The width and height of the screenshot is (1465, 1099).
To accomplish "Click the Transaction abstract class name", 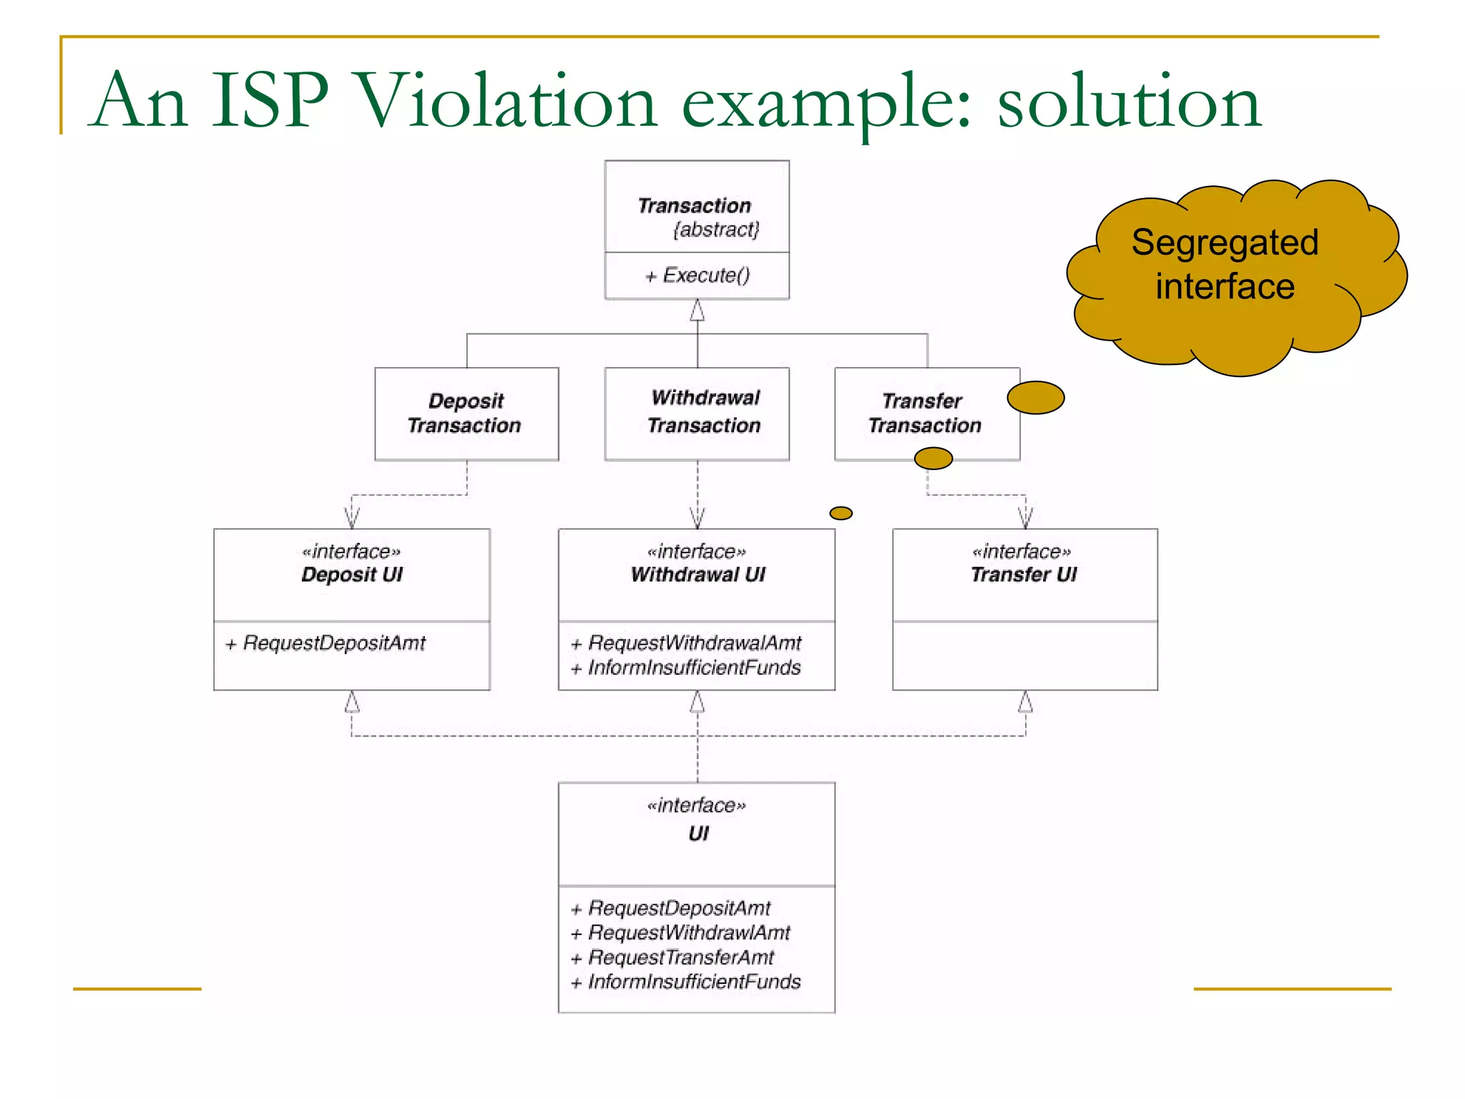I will [x=694, y=206].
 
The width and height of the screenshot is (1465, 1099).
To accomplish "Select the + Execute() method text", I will [x=697, y=275].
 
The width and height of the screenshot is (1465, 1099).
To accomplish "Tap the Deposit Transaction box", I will [x=466, y=414].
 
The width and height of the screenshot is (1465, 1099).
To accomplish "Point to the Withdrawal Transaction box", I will [x=697, y=413].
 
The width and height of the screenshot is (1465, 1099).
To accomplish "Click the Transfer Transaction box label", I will [x=924, y=414].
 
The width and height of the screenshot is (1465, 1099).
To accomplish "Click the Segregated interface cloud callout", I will [x=1225, y=265].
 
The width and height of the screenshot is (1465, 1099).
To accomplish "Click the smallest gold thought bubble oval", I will [x=841, y=513].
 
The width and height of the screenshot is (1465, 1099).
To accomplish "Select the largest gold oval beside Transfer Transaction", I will [x=1035, y=398].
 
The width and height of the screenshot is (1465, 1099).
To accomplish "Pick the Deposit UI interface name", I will [x=352, y=575].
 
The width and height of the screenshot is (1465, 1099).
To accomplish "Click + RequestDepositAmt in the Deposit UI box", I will [x=326, y=643].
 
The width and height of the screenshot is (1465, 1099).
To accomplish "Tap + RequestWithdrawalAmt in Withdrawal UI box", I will [x=687, y=643].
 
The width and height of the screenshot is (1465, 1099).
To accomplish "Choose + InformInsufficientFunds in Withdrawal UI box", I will [x=687, y=668].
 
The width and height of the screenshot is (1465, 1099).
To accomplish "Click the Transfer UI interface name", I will [x=1024, y=575].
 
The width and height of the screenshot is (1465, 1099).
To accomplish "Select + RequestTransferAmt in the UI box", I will [x=673, y=957].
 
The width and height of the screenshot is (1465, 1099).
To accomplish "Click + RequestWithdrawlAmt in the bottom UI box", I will [x=681, y=933].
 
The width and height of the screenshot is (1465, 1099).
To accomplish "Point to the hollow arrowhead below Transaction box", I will [x=697, y=311].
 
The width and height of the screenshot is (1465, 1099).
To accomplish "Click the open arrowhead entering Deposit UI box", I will [x=351, y=517].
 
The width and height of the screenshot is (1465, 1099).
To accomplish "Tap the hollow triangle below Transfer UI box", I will [x=1025, y=702].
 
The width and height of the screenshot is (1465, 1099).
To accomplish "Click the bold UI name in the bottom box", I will [x=698, y=834].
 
